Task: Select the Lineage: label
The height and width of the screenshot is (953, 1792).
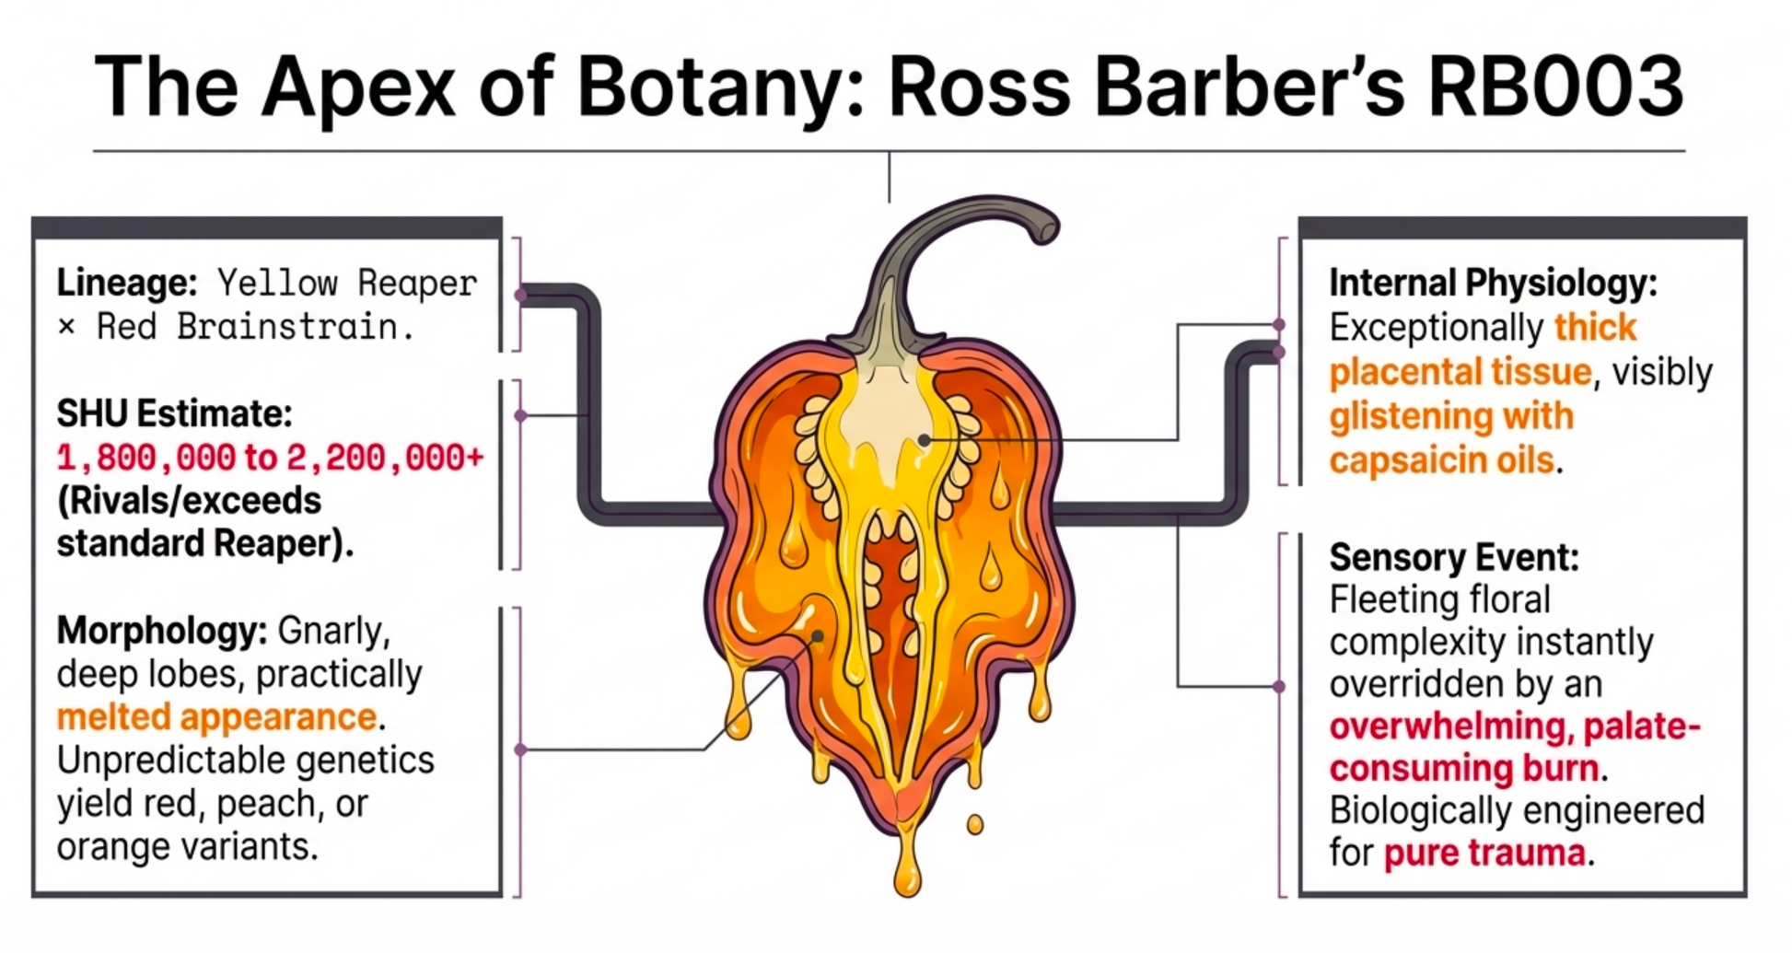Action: pos(127,283)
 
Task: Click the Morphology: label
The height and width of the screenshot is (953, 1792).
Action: pos(162,632)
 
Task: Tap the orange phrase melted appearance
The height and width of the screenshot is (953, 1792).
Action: pos(217,717)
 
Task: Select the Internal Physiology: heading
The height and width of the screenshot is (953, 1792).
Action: pos(1493,283)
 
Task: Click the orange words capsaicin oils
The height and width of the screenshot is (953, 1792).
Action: pos(1441,459)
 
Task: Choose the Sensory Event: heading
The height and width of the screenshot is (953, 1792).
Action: pos(1454,557)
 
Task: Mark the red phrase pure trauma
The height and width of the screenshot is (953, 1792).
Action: pos(1484,853)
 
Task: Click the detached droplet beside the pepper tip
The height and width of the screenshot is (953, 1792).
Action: pos(974,824)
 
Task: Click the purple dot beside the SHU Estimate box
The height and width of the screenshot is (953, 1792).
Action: pos(521,416)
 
